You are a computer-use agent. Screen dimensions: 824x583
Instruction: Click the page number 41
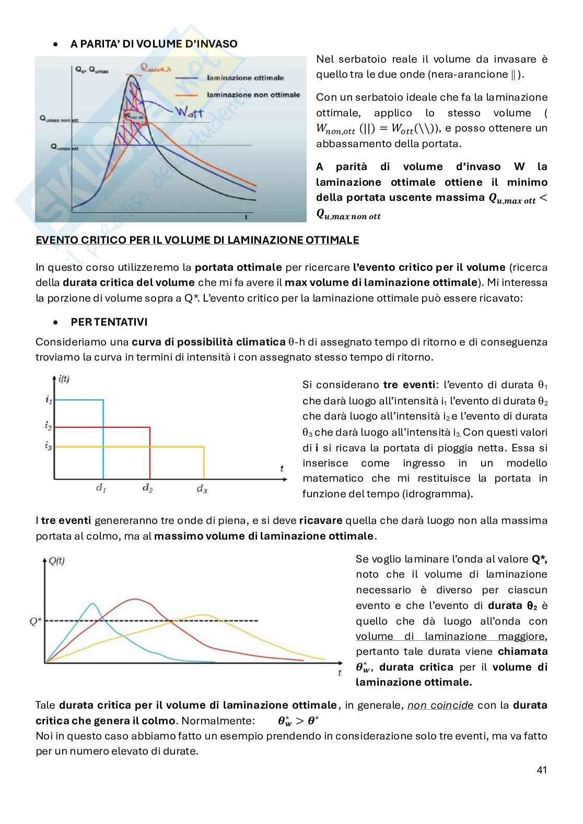click(541, 770)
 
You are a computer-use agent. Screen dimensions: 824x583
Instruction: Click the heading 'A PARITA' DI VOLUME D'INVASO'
click(154, 44)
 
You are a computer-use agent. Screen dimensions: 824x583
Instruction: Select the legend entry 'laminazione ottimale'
click(245, 78)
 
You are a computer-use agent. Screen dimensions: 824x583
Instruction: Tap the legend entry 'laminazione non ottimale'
click(253, 95)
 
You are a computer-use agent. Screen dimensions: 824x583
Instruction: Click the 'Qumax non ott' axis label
click(59, 120)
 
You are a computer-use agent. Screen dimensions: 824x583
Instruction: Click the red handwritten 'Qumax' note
click(156, 67)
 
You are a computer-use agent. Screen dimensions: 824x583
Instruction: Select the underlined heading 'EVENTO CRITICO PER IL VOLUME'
click(197, 240)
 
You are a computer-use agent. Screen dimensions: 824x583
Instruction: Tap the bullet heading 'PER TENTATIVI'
click(109, 322)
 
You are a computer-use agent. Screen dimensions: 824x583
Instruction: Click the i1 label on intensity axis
click(48, 400)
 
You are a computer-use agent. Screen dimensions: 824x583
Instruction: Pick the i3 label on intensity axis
click(48, 446)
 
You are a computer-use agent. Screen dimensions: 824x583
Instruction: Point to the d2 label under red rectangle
click(148, 489)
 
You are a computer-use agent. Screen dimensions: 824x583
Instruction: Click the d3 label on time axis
click(202, 489)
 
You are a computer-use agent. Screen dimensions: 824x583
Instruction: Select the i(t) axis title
click(63, 379)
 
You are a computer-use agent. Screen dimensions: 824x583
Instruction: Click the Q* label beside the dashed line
click(36, 621)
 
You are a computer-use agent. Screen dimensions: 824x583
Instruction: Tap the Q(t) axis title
click(56, 561)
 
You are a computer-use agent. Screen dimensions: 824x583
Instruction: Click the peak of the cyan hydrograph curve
click(93, 604)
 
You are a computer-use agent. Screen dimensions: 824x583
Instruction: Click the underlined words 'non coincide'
click(440, 706)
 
